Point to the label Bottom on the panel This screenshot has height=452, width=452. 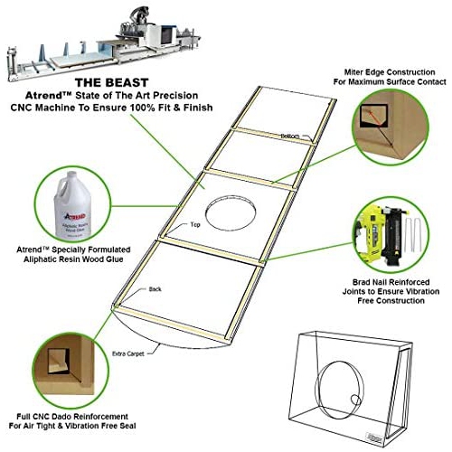tap(289, 136)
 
